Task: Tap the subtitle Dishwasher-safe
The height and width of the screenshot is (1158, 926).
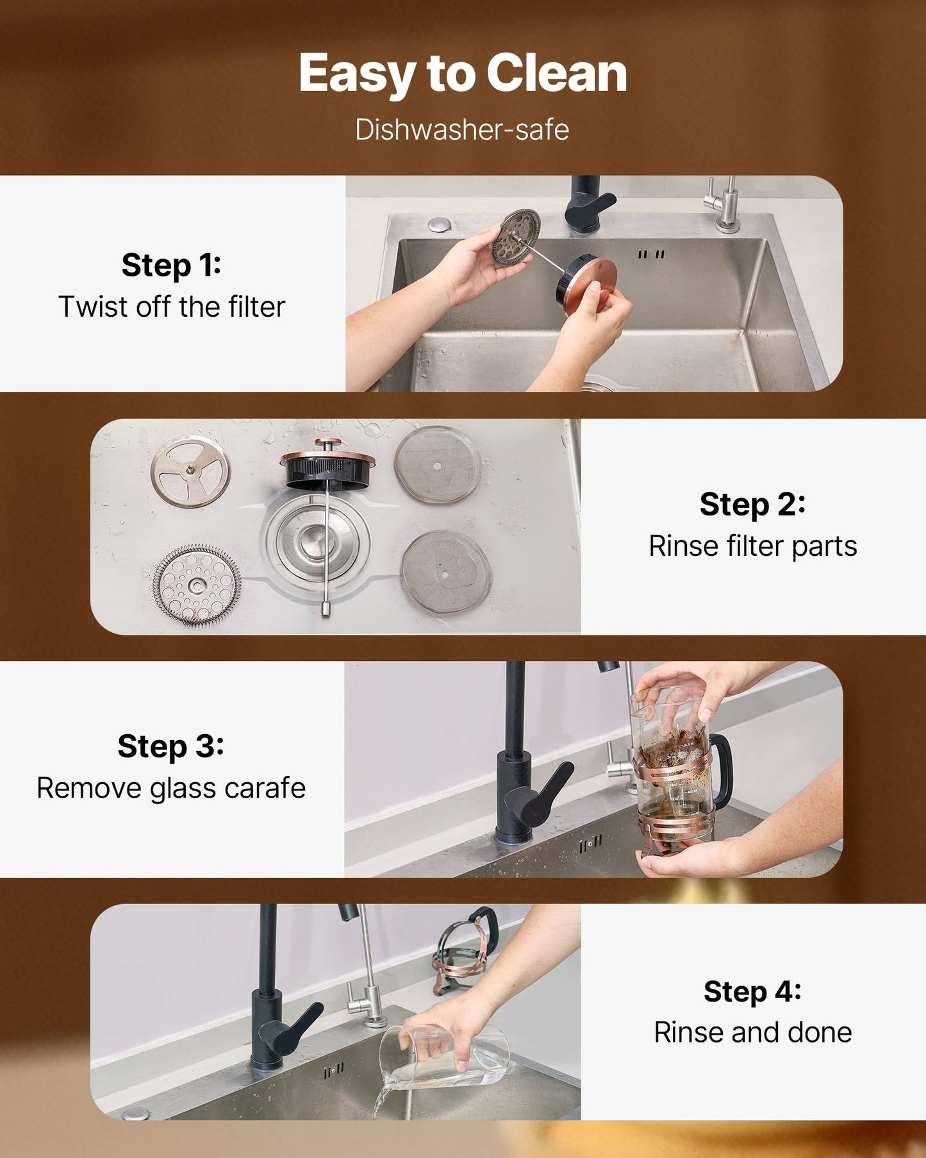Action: (462, 130)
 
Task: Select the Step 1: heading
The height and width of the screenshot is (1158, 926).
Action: (171, 265)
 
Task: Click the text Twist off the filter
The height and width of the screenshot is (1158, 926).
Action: (171, 306)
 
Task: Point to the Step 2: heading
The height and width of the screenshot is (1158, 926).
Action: (752, 504)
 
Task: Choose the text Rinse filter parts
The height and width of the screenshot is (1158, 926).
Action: (752, 546)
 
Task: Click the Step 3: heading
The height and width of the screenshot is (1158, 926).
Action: (170, 746)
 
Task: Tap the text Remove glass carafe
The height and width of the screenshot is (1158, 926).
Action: (170, 788)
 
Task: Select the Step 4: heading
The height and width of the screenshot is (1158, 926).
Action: (752, 991)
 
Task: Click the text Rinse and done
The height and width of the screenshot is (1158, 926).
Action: (752, 1032)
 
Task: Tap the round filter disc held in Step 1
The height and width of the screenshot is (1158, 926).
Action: (516, 237)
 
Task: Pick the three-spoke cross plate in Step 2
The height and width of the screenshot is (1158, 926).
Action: (190, 471)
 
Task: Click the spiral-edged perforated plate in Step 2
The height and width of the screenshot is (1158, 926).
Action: (197, 584)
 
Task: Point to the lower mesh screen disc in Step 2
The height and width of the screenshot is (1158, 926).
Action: (445, 571)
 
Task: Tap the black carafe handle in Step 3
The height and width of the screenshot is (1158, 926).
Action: (722, 769)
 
